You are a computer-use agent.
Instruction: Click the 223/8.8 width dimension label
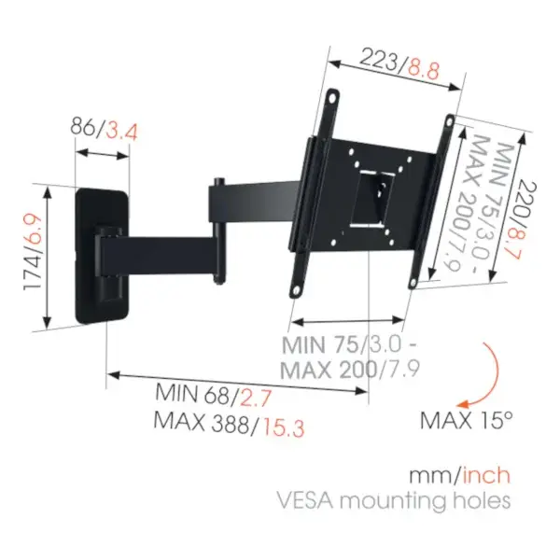pyautogui.click(x=399, y=64)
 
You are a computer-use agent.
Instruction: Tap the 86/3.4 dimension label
pyautogui.click(x=104, y=130)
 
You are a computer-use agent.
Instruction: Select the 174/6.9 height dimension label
pyautogui.click(x=33, y=253)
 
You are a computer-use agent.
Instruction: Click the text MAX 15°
pyautogui.click(x=467, y=420)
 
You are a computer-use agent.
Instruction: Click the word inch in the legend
pyautogui.click(x=486, y=475)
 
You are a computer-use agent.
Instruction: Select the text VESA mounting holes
pyautogui.click(x=394, y=500)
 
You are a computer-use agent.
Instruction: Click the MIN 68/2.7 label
pyautogui.click(x=214, y=395)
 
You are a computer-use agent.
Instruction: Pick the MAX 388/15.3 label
pyautogui.click(x=229, y=425)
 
